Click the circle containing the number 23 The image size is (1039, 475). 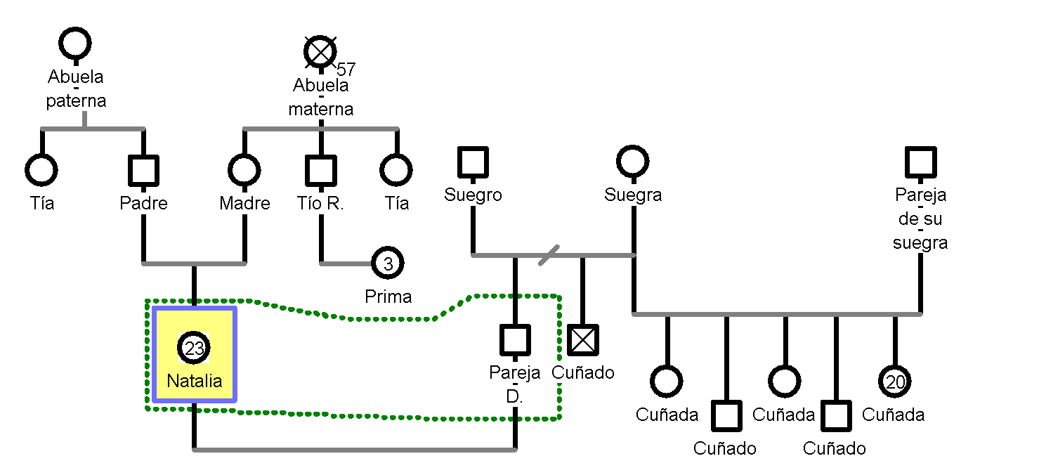(195, 348)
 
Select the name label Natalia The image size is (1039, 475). (195, 381)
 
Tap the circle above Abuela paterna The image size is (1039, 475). (75, 44)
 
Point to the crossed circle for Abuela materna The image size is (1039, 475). (321, 51)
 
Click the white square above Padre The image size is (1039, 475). (144, 171)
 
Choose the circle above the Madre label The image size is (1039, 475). (244, 170)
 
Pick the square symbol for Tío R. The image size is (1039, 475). (321, 171)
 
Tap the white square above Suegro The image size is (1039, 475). (473, 162)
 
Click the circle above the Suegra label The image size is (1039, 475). (633, 162)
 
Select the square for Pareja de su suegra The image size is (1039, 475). (921, 162)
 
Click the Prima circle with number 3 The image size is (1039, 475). (388, 263)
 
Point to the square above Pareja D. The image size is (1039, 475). (515, 340)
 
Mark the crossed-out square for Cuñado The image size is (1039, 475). (583, 340)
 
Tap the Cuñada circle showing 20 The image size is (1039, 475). (895, 382)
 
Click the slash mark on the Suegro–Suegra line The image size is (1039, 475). (549, 255)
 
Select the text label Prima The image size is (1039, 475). (388, 297)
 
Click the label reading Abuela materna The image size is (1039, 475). (321, 97)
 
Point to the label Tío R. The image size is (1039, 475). (321, 204)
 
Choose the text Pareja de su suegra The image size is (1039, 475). (920, 219)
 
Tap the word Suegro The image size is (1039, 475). (473, 195)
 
